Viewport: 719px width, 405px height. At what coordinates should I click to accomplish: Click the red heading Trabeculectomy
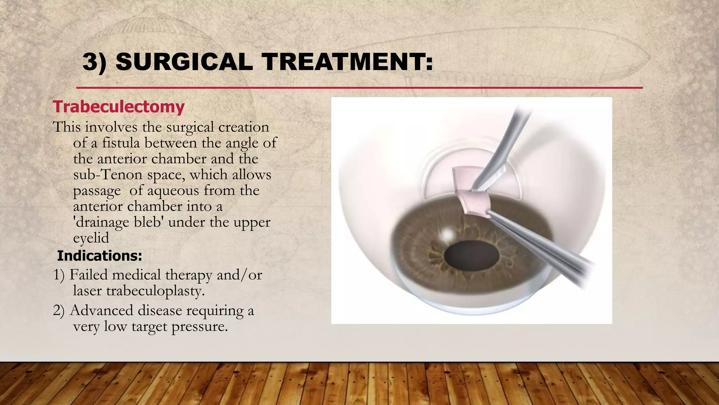119,107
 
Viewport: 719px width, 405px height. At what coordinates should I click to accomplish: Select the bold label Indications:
99,256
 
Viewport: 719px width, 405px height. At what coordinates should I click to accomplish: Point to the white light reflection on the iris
447,234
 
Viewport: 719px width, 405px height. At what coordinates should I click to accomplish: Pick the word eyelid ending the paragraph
91,238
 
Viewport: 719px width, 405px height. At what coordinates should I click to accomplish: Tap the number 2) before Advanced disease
59,311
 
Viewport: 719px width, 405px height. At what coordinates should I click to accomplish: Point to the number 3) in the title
94,62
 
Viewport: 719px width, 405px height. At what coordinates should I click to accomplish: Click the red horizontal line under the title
359,88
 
